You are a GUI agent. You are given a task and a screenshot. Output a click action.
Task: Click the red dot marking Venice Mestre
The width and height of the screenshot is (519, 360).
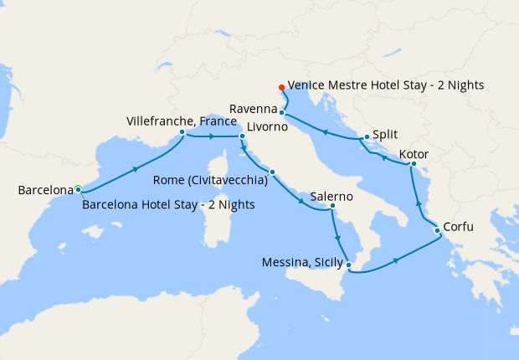pyautogui.click(x=281, y=87)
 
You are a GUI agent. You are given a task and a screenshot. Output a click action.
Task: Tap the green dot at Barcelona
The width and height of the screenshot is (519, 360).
pyautogui.click(x=78, y=189)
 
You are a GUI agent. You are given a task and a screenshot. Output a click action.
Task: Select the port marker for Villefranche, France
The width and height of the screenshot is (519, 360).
pyautogui.click(x=182, y=131)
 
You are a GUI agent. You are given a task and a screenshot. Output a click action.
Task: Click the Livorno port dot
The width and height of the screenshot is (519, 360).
pyautogui.click(x=242, y=136)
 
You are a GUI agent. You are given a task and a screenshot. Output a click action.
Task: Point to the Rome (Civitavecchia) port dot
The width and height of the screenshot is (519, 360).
pyautogui.click(x=272, y=172)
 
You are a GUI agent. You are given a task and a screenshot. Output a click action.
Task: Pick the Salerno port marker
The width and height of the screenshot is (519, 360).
pyautogui.click(x=332, y=206)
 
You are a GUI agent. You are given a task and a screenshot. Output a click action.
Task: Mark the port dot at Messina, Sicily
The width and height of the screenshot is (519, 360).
pyautogui.click(x=349, y=266)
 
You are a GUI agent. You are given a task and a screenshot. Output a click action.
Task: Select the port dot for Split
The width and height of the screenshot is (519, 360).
pyautogui.click(x=367, y=137)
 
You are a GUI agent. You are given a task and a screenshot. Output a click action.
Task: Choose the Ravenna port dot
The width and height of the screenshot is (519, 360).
pyautogui.click(x=282, y=112)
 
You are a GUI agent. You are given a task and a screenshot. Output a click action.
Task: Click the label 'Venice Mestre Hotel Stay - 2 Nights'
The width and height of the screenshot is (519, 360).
pyautogui.click(x=386, y=85)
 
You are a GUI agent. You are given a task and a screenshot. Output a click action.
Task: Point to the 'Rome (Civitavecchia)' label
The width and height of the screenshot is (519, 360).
pyautogui.click(x=211, y=179)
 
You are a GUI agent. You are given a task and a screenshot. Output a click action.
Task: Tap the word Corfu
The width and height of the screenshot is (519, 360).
pyautogui.click(x=461, y=225)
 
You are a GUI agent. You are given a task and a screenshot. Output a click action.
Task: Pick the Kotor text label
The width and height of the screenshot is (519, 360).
pyautogui.click(x=415, y=154)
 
